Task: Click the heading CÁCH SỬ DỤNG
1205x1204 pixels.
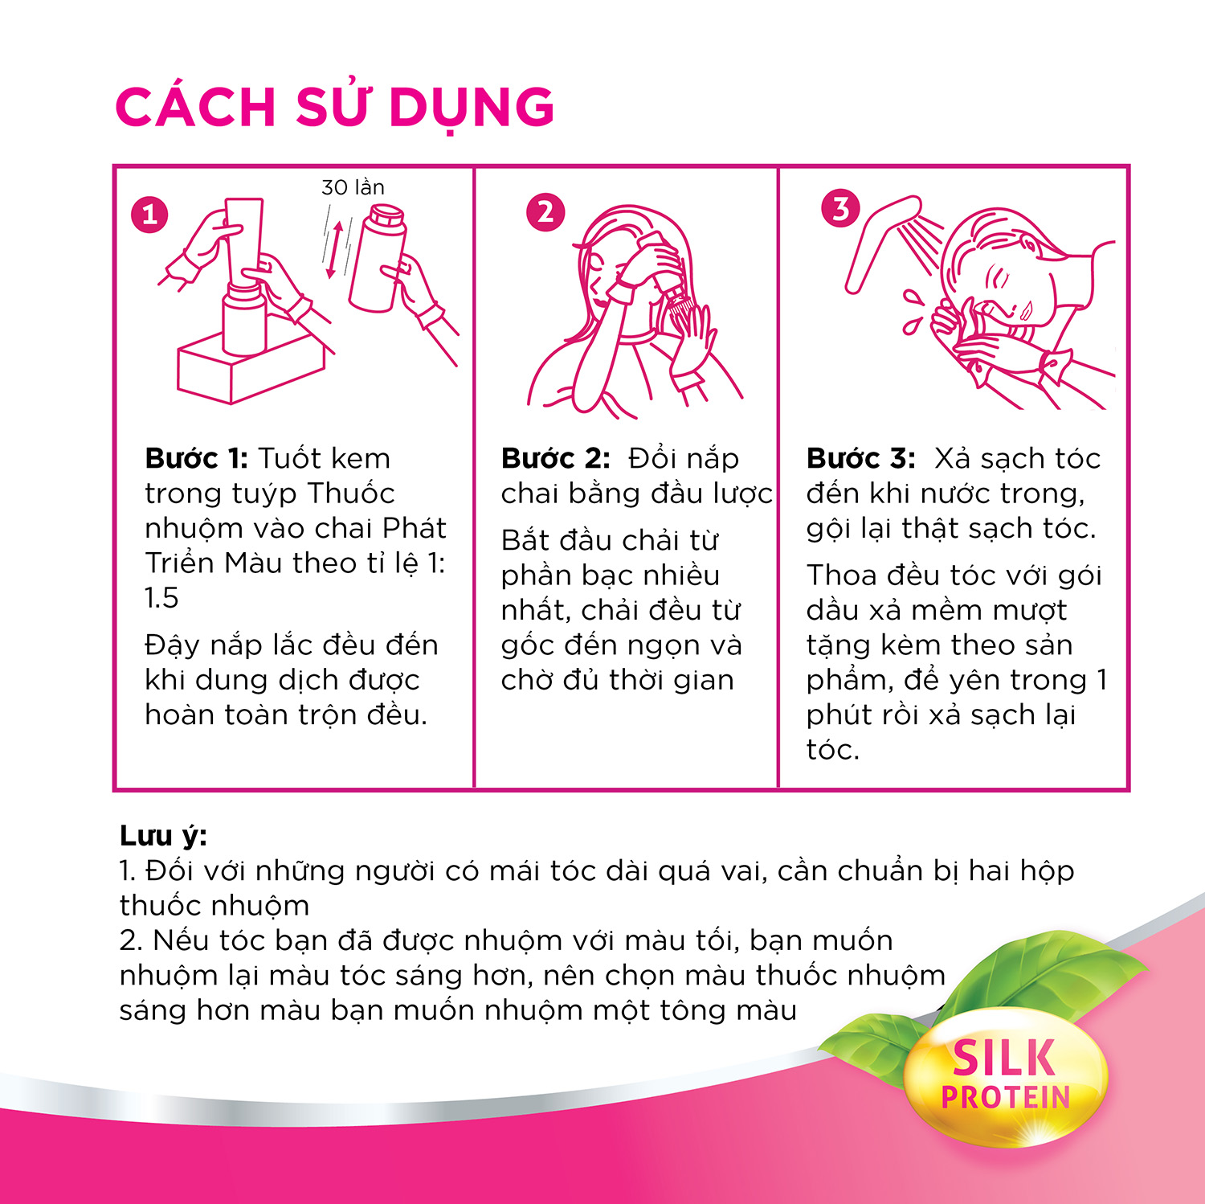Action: point(335,106)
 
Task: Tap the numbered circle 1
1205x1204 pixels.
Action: point(149,215)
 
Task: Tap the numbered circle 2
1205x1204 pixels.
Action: point(545,212)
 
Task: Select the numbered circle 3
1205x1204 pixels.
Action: point(840,208)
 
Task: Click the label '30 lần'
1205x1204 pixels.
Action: point(353,187)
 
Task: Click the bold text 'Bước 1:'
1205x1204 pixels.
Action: point(197,458)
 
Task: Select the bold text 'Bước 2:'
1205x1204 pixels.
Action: point(555,458)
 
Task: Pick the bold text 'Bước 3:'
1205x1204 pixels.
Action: point(860,458)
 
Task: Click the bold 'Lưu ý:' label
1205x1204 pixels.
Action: point(163,837)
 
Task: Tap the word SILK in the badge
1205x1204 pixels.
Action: point(1003,1059)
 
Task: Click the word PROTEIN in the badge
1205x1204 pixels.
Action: point(1006,1097)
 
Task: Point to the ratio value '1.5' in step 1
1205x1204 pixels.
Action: point(161,598)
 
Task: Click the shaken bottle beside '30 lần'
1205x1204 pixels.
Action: point(378,257)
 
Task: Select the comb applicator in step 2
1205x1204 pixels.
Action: point(675,298)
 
